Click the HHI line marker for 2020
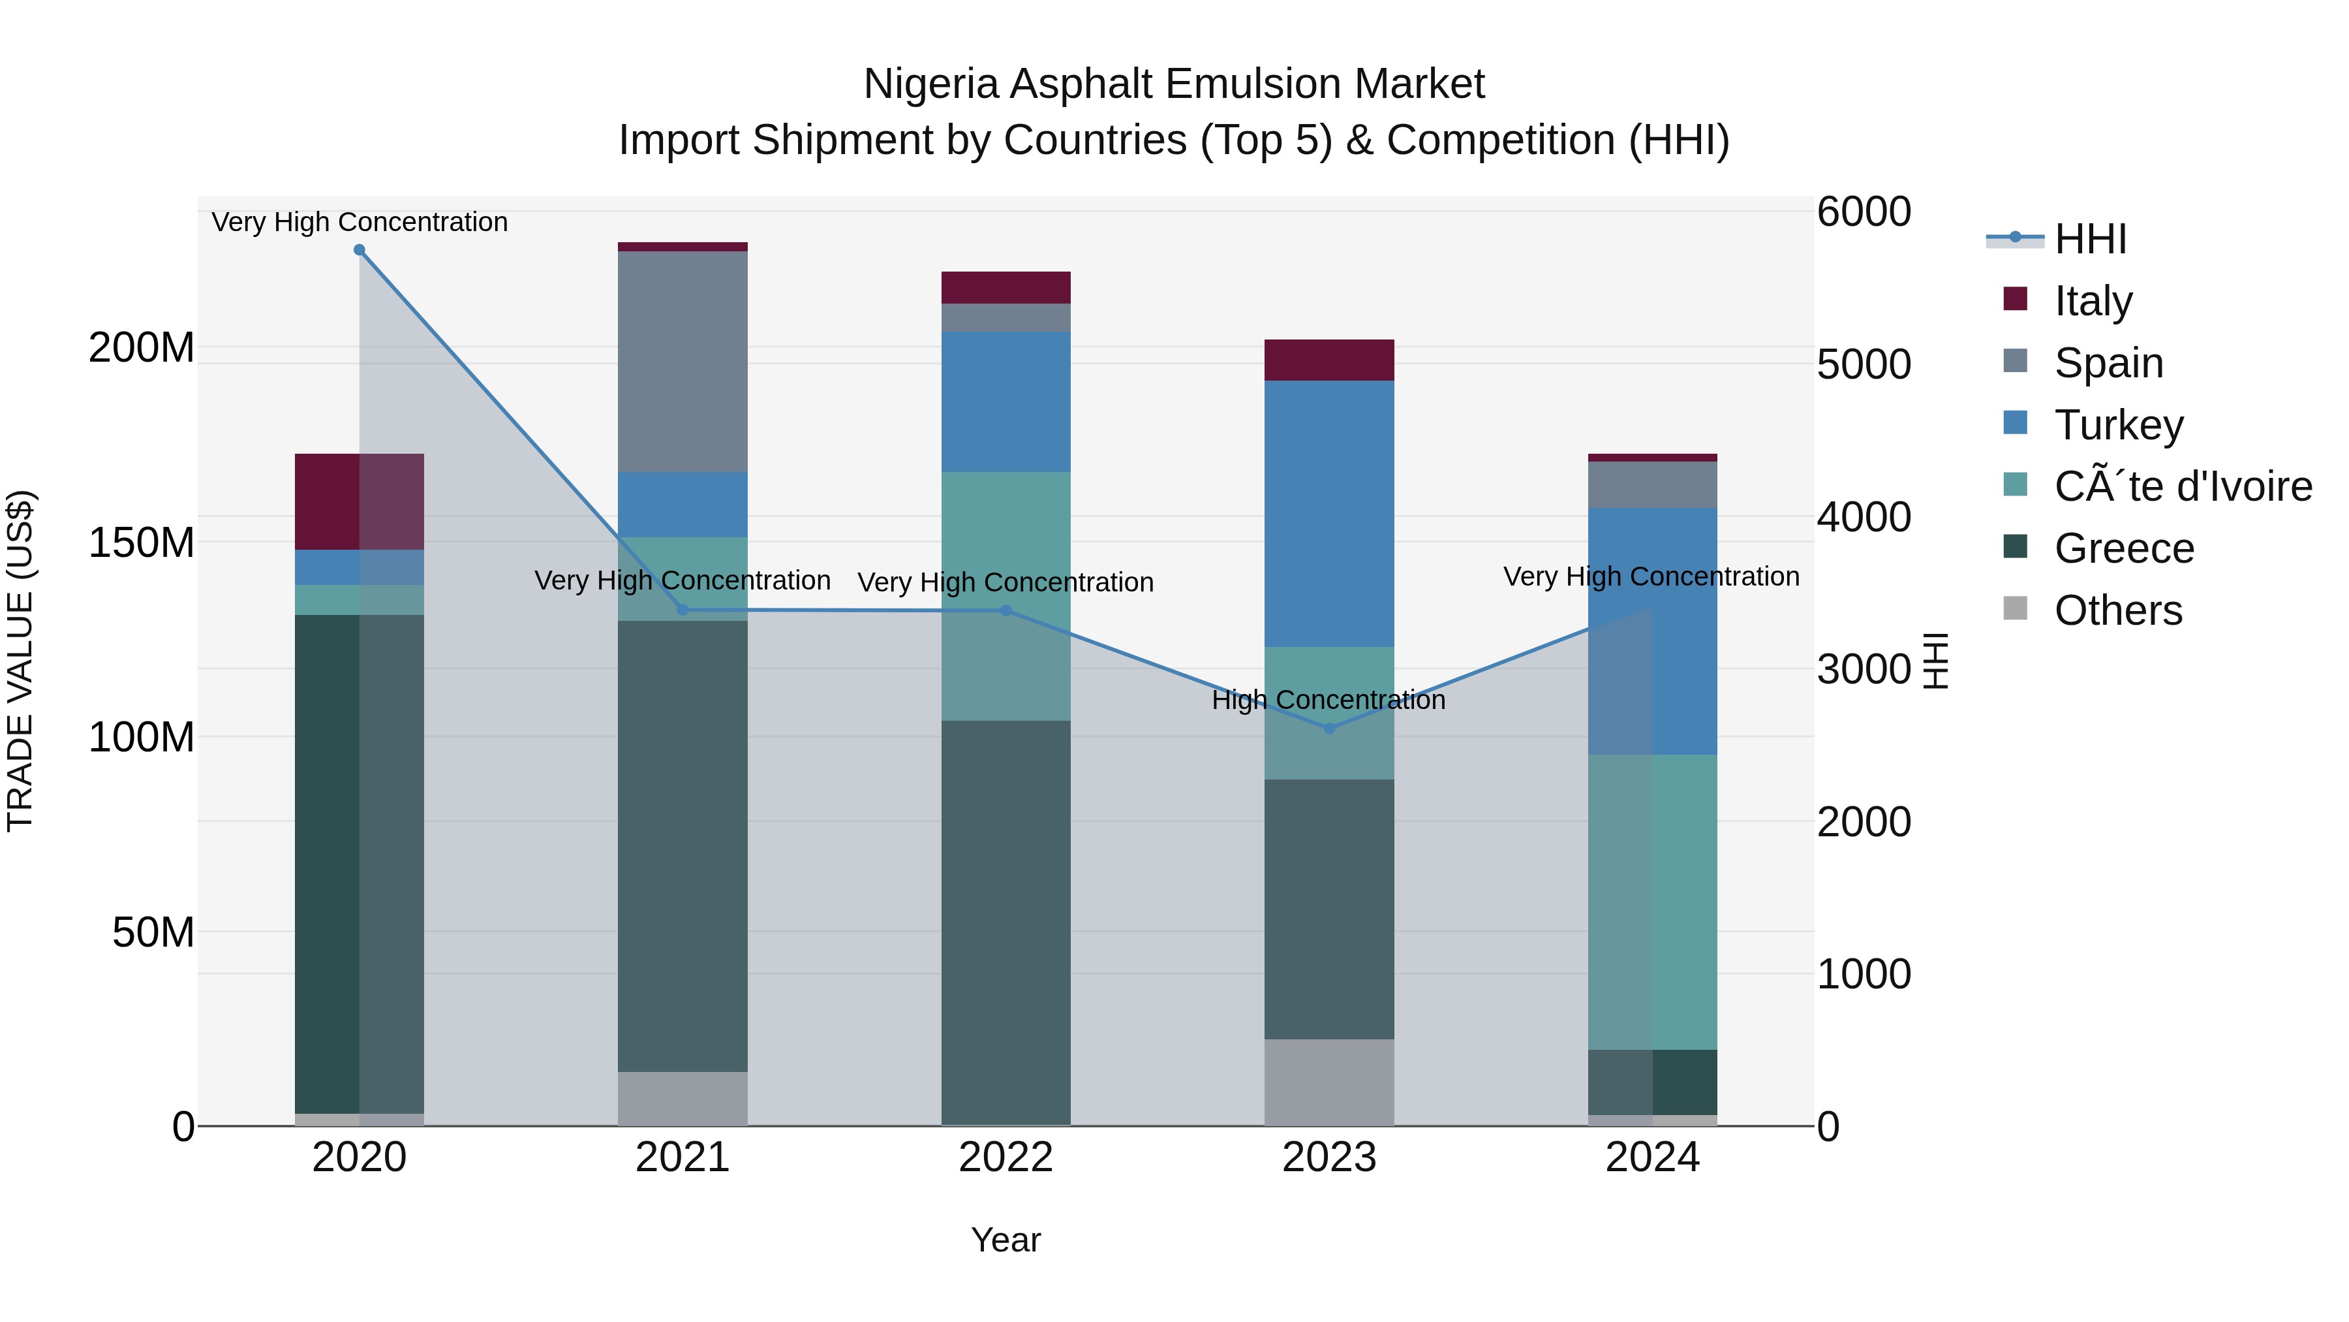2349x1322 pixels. click(360, 250)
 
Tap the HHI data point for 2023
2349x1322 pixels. click(1328, 728)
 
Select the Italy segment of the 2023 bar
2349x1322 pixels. click(1328, 360)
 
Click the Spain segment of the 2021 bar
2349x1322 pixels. click(682, 361)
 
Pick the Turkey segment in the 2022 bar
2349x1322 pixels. click(1006, 401)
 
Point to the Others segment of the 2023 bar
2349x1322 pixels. click(1328, 1082)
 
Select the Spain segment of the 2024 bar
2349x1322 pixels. click(1652, 484)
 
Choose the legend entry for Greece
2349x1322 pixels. click(2124, 548)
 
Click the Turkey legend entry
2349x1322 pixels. click(2118, 425)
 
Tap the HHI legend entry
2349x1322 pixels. click(2089, 239)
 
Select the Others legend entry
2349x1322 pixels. click(2117, 610)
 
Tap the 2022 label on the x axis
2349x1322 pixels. click(1006, 1157)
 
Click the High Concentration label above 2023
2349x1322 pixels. click(1328, 700)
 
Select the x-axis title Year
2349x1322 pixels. click(1006, 1240)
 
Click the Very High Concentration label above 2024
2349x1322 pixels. click(1651, 576)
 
